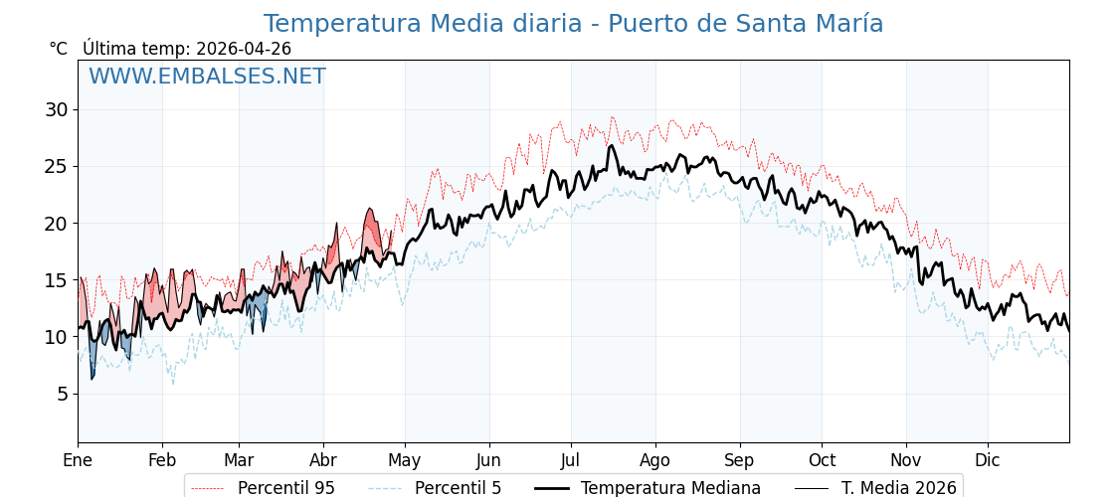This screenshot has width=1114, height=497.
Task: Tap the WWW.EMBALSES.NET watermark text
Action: click(207, 77)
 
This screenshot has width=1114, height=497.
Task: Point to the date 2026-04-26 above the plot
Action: click(244, 49)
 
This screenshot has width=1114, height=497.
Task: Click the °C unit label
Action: click(58, 49)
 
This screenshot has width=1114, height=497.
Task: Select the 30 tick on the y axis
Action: click(56, 109)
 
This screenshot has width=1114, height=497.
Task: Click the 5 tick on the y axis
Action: click(62, 394)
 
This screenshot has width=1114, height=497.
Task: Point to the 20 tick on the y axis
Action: click(56, 224)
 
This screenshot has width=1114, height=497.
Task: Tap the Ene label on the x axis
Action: click(78, 460)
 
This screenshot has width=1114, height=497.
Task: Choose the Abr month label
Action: click(323, 460)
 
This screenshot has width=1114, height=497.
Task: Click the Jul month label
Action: click(571, 460)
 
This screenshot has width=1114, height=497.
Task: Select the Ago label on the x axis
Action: click(655, 460)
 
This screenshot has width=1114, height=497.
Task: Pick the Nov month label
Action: click(906, 460)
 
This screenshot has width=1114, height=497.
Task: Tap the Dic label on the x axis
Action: click(988, 460)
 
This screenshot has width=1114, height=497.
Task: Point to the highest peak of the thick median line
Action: click(613, 145)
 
